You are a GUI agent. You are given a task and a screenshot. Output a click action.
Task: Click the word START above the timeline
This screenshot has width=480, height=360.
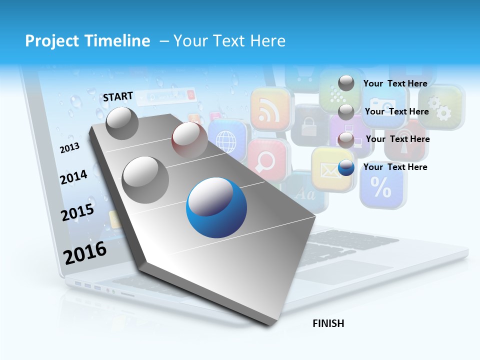point(118,96)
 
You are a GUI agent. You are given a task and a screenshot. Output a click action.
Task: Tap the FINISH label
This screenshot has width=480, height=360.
point(328,323)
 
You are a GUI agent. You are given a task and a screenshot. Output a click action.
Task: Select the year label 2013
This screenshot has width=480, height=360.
point(69,148)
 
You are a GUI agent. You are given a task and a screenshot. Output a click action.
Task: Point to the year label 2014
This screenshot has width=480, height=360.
point(73,177)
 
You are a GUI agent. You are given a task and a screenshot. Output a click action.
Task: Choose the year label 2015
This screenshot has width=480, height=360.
point(77,212)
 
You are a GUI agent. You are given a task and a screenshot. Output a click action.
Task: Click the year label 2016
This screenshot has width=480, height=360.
point(85,253)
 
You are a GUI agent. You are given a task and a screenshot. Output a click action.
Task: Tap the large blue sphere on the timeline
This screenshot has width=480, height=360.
point(216,207)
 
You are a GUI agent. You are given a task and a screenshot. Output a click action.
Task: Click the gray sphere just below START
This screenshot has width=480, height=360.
point(122,123)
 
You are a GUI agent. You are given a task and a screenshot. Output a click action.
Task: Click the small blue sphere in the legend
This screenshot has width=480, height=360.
point(346,168)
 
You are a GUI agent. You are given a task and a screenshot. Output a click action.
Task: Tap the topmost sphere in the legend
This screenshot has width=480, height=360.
point(346,83)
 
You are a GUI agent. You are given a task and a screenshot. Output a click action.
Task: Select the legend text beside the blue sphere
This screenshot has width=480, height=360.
point(395,167)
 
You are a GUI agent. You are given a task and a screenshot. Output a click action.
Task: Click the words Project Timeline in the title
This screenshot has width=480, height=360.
point(87,41)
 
